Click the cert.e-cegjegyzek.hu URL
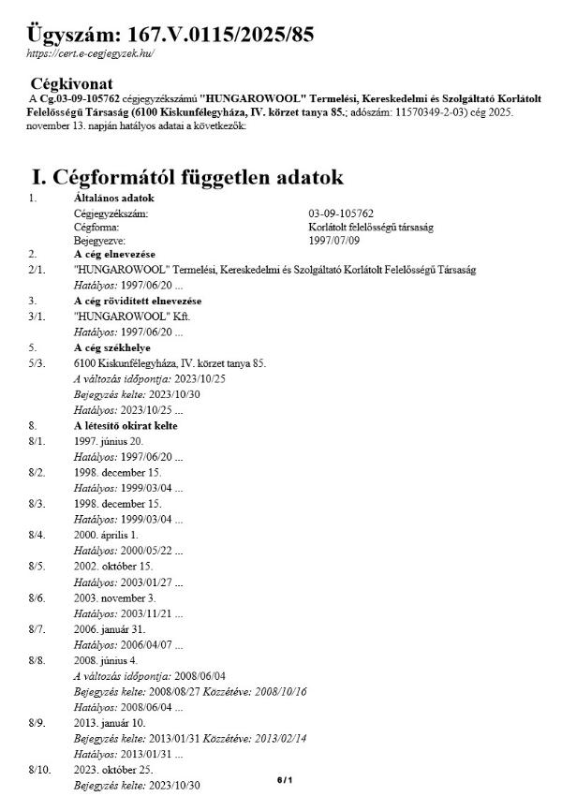(x=89, y=53)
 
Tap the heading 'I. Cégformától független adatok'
(x=187, y=177)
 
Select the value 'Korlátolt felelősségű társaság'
(x=371, y=226)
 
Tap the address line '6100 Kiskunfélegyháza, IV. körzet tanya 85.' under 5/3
(x=170, y=362)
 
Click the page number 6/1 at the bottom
(x=285, y=780)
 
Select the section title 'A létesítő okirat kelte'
(x=126, y=426)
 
